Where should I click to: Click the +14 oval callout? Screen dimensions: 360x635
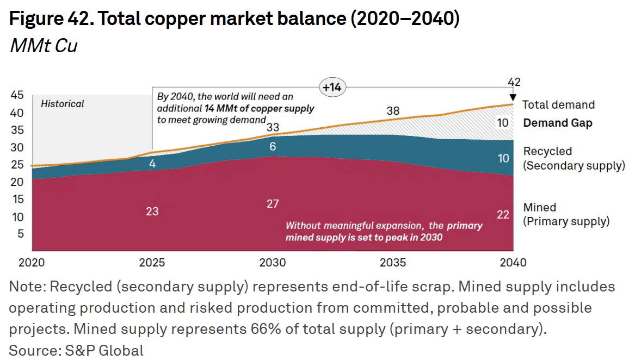(331, 87)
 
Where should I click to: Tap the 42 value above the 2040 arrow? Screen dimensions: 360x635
(513, 83)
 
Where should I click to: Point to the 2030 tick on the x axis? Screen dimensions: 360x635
(272, 263)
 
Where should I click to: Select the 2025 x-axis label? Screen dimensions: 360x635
(152, 263)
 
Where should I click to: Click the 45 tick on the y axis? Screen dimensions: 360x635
(17, 96)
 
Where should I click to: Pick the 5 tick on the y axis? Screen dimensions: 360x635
(20, 234)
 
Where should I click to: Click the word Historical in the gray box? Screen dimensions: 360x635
(63, 103)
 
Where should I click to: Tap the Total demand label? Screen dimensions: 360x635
(558, 105)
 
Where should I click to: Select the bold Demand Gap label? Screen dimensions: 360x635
(558, 123)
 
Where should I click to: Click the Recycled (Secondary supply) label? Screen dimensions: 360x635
(574, 158)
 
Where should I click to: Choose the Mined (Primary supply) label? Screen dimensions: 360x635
(566, 214)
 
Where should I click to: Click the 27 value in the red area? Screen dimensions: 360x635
(273, 204)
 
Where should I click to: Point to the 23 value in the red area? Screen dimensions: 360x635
(152, 211)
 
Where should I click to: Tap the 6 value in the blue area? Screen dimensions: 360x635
(273, 146)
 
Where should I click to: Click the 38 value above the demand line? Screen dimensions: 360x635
(393, 111)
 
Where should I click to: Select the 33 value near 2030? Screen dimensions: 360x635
(273, 128)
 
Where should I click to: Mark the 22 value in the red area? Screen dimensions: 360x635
(503, 215)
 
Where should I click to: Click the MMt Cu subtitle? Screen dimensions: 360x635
(44, 46)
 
